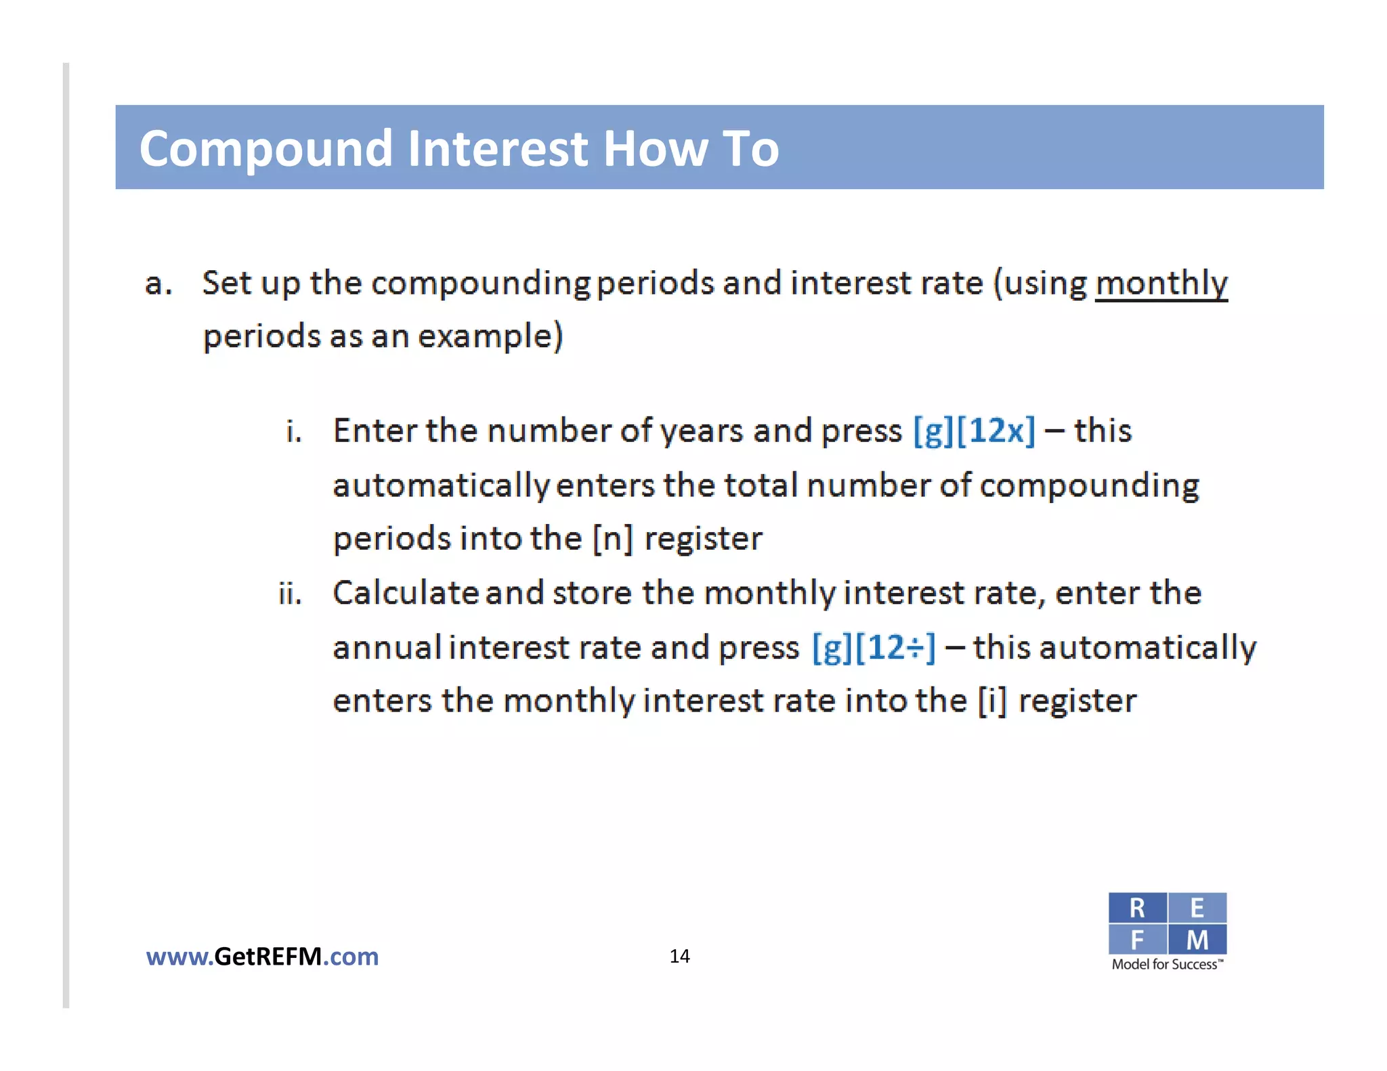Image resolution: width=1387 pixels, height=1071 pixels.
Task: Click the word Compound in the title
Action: click(x=265, y=149)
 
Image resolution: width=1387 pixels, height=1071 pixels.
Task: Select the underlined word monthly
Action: click(x=1161, y=283)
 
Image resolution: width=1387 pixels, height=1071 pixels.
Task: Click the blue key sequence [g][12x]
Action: click(x=974, y=431)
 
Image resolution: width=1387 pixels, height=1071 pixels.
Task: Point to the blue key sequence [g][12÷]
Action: click(x=874, y=647)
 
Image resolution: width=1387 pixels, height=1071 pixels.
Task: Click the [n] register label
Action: click(x=613, y=539)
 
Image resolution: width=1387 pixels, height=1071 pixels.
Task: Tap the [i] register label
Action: click(x=992, y=701)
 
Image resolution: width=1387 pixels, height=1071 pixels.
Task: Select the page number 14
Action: click(x=679, y=956)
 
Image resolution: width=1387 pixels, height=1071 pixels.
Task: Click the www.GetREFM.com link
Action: click(x=262, y=957)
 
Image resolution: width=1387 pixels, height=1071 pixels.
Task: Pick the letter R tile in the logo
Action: click(x=1137, y=908)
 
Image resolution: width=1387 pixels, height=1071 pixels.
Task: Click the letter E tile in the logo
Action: click(x=1197, y=908)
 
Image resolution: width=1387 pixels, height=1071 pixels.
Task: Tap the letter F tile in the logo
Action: click(x=1137, y=940)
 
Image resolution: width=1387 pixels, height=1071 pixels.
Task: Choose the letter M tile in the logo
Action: click(x=1197, y=940)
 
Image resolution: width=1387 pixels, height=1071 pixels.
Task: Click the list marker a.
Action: click(x=158, y=284)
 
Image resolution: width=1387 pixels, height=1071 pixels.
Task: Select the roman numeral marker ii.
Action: click(x=290, y=594)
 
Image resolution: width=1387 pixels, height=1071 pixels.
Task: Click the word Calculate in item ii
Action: click(x=406, y=593)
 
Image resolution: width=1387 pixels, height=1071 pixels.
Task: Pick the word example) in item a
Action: click(x=490, y=336)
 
